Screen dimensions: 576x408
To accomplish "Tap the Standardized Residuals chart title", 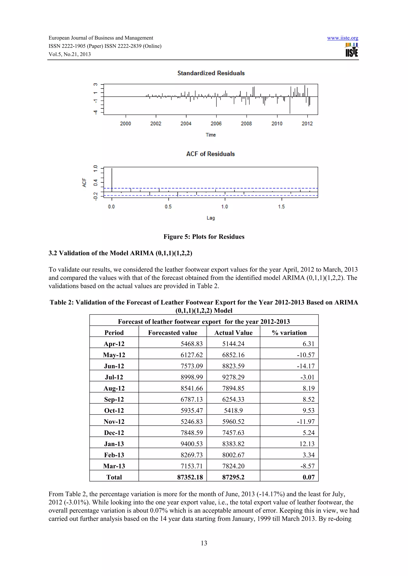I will [x=211, y=73].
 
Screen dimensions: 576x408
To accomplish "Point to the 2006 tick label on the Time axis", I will [x=216, y=124].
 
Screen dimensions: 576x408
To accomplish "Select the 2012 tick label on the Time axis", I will [x=307, y=124].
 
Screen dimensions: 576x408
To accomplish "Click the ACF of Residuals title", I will [x=210, y=154].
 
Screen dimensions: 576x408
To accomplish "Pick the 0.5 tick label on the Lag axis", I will [x=168, y=206].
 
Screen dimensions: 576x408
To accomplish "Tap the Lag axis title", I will [x=211, y=218].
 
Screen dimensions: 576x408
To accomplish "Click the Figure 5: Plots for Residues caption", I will [x=204, y=236].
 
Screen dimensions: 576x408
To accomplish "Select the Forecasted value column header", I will [x=173, y=333].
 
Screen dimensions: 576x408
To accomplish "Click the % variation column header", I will [x=289, y=333].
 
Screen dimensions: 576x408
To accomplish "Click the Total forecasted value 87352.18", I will [x=190, y=477].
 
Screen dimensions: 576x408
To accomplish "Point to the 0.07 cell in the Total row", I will [x=309, y=477].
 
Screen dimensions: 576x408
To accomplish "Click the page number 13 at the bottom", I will [x=204, y=543].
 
